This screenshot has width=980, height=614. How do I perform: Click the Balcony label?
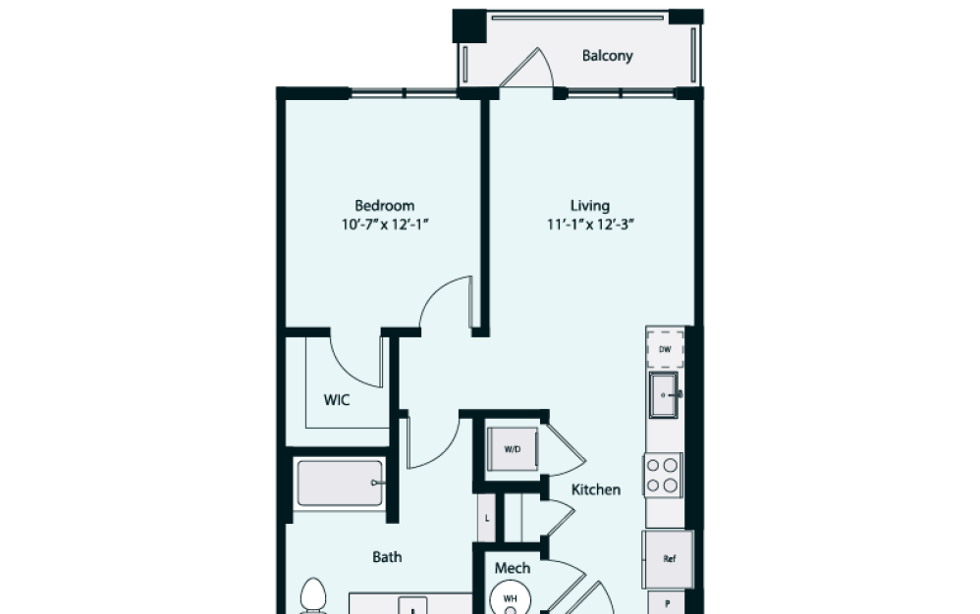point(607,56)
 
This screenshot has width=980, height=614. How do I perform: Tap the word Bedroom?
point(384,206)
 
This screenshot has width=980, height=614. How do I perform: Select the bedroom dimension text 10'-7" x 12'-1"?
point(384,224)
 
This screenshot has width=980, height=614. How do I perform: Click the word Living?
point(590,206)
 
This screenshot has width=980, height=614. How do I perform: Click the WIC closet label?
point(337,400)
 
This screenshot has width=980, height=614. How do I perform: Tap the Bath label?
point(387,557)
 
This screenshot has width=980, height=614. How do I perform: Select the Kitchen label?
point(596,489)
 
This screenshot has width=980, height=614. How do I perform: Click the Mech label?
point(512,568)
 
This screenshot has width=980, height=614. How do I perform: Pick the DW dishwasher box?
point(665,349)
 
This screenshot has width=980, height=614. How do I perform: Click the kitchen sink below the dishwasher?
point(666,394)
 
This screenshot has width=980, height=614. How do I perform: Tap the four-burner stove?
point(664,475)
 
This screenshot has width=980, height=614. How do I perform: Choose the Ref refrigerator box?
point(669,559)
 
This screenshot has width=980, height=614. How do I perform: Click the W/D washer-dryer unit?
point(513,449)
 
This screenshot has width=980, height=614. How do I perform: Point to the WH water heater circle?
point(511,596)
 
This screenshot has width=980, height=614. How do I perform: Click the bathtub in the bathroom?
point(339,484)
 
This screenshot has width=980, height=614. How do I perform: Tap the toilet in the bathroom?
point(313,596)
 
